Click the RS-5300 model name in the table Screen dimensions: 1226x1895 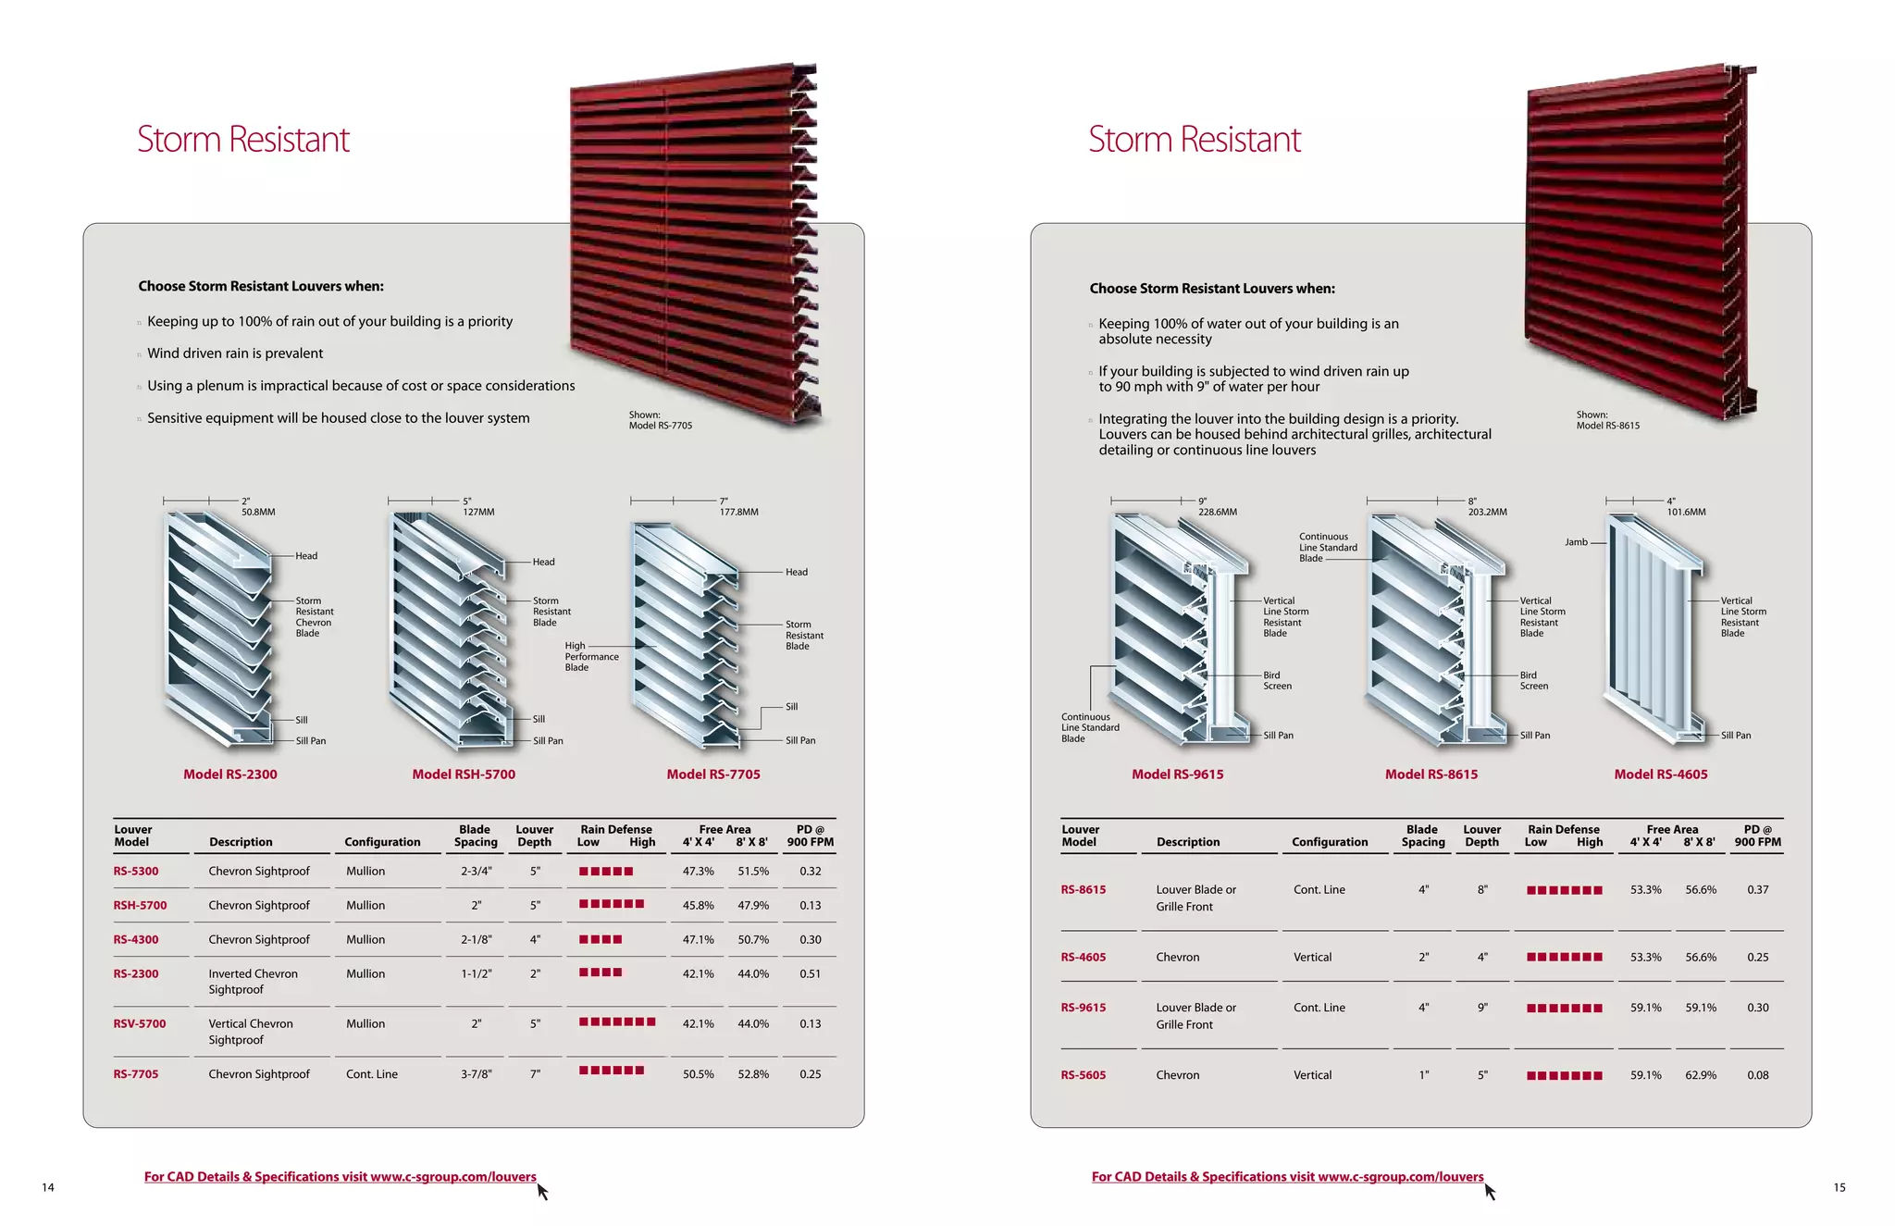point(136,871)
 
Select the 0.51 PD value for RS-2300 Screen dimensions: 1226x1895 point(810,973)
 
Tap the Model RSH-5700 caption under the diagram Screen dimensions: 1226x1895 point(464,774)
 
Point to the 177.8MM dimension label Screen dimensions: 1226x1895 point(738,512)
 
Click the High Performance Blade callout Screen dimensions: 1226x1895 point(591,657)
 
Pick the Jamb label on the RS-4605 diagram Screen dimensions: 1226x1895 point(1576,542)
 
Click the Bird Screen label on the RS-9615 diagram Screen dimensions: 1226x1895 point(1277,681)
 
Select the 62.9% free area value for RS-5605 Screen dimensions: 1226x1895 point(1701,1075)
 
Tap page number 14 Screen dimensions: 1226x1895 point(48,1187)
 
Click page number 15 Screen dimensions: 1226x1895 point(1839,1187)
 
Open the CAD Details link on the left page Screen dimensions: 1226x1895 point(340,1177)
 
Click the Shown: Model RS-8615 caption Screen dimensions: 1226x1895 point(1607,420)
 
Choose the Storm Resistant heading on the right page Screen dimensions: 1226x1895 point(1194,140)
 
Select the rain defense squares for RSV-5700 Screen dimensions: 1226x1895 point(617,1022)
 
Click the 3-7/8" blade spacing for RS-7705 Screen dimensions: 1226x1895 point(476,1074)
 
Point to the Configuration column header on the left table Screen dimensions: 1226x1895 point(382,842)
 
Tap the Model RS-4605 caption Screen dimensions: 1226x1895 point(1660,774)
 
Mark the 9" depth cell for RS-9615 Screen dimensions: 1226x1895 point(1482,1008)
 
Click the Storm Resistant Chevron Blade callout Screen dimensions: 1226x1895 point(315,617)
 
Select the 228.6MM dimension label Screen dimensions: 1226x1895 point(1217,512)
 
